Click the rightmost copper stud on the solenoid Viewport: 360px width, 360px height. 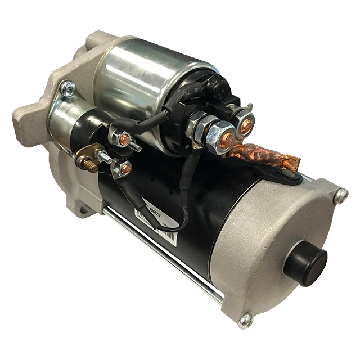point(245,125)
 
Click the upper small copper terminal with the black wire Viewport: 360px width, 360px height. point(124,139)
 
